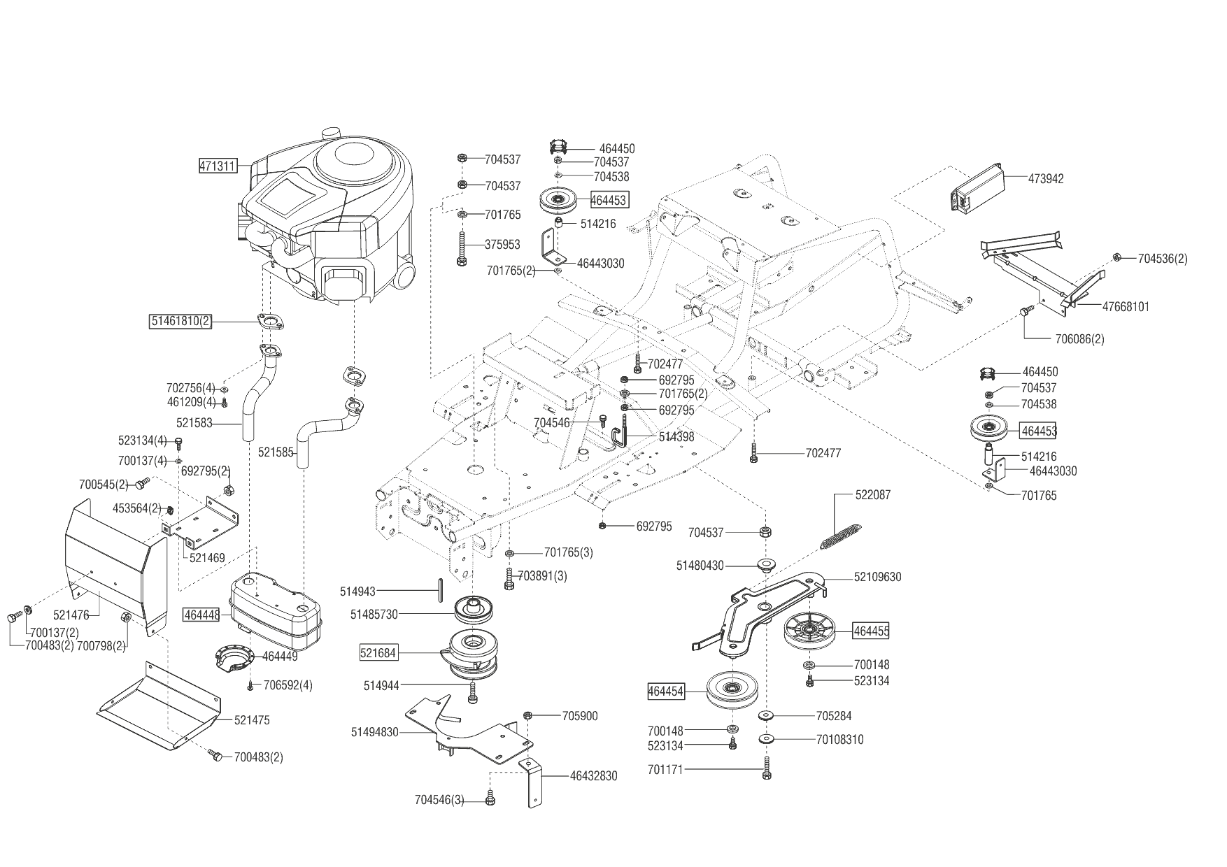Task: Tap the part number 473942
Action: click(1046, 179)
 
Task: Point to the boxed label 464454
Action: click(665, 692)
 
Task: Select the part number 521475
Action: click(252, 720)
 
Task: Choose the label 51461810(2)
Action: click(180, 321)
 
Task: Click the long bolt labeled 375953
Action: click(462, 249)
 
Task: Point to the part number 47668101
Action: click(1126, 306)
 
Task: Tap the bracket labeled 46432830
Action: click(534, 783)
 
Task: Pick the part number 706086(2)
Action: click(1079, 339)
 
